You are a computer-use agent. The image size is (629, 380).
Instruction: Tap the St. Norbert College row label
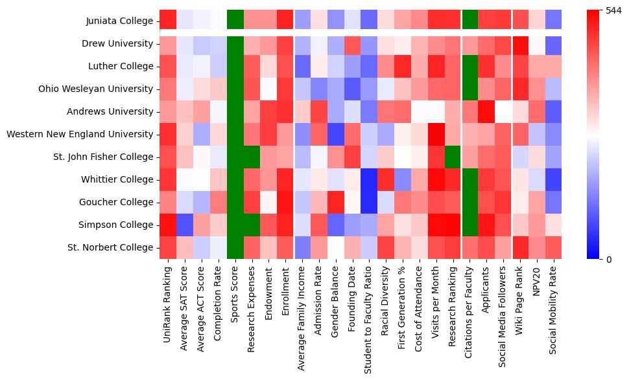[113, 248]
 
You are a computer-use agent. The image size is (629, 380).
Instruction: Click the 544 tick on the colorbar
[613, 11]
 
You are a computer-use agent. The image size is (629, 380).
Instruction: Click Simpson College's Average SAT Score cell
[184, 225]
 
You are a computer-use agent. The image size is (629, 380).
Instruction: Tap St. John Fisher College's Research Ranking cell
[452, 157]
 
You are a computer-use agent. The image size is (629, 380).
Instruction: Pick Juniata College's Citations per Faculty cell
[469, 21]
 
